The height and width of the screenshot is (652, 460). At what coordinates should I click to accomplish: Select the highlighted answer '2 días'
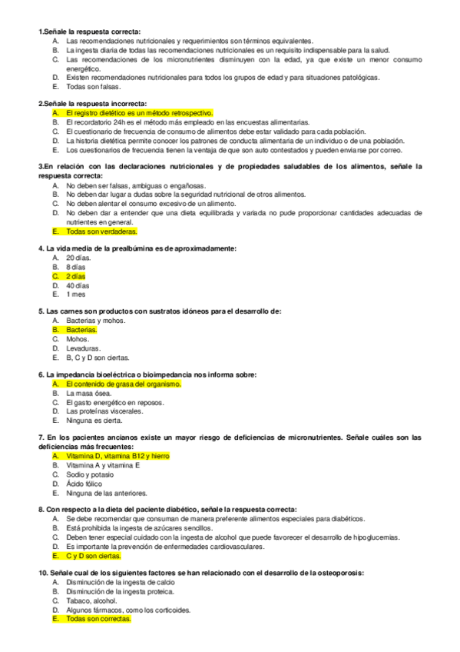(x=75, y=275)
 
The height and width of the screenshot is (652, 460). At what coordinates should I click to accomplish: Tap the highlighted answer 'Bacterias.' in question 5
(x=81, y=329)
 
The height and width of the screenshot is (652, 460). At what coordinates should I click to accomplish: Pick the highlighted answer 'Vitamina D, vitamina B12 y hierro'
(x=117, y=456)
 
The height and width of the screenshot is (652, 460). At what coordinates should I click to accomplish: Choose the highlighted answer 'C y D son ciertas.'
(x=94, y=555)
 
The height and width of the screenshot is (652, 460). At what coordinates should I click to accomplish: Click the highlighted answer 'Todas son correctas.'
(x=98, y=618)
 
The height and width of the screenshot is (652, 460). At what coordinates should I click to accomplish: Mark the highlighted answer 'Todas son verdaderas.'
(x=101, y=231)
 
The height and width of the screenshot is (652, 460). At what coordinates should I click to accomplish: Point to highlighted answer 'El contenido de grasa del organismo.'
(x=123, y=384)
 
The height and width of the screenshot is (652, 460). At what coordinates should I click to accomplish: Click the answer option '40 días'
(x=77, y=284)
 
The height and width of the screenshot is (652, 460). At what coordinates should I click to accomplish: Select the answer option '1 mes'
(x=75, y=294)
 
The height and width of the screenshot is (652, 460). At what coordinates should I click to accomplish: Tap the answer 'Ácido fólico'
(x=84, y=484)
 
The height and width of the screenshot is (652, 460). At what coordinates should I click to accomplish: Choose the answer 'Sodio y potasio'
(x=89, y=474)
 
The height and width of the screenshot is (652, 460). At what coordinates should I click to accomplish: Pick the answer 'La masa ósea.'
(x=87, y=393)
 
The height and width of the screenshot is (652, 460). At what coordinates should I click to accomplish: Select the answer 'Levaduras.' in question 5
(x=82, y=348)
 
